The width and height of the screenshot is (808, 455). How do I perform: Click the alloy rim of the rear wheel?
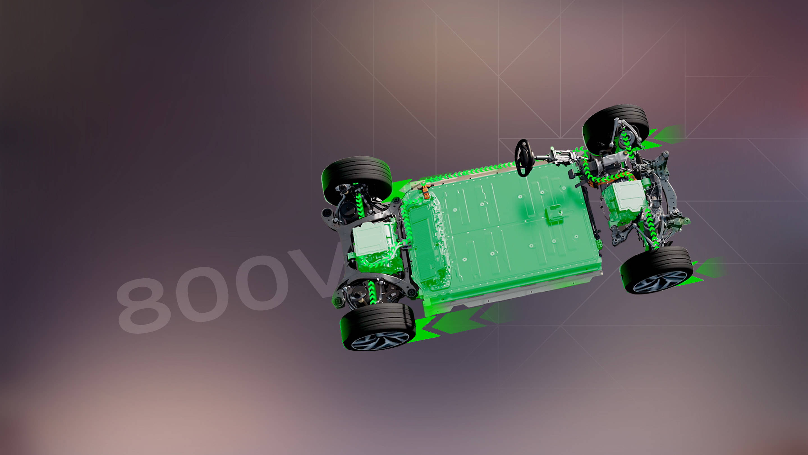pyautogui.click(x=380, y=340)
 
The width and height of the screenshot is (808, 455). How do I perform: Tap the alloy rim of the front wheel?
pyautogui.click(x=660, y=282)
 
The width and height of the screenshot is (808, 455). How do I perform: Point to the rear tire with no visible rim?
pyautogui.click(x=357, y=179)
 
